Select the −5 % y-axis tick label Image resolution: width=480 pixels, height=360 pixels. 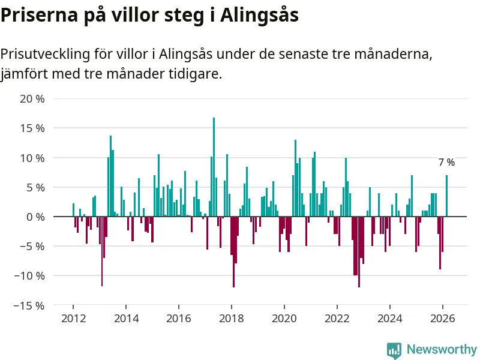pyautogui.click(x=31, y=246)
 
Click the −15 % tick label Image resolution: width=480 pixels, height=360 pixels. pyautogui.click(x=28, y=305)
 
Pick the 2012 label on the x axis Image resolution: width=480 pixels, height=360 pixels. pyautogui.click(x=73, y=319)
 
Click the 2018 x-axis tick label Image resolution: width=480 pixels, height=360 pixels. pyautogui.click(x=232, y=319)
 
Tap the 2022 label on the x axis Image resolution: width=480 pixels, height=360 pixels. pyautogui.click(x=337, y=319)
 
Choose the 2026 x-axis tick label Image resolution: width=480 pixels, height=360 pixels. pyautogui.click(x=443, y=319)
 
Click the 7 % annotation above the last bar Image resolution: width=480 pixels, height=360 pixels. pyautogui.click(x=446, y=162)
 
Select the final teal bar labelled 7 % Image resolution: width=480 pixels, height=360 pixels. pyautogui.click(x=446, y=196)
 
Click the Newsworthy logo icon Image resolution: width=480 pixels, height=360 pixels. pyautogui.click(x=394, y=350)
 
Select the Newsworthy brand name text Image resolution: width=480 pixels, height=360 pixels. pyautogui.click(x=442, y=349)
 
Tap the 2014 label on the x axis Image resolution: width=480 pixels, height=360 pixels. pyautogui.click(x=126, y=319)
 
